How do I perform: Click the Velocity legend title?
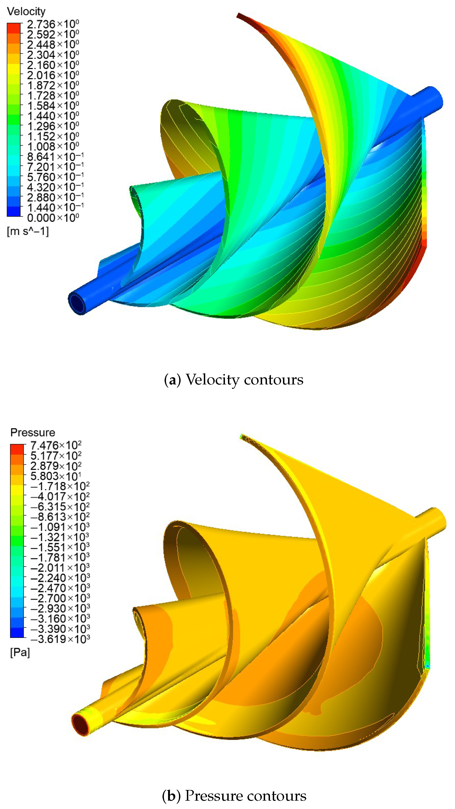pyautogui.click(x=26, y=12)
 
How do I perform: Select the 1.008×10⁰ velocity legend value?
pyautogui.click(x=53, y=147)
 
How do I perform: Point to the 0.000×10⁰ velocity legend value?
pyautogui.click(x=53, y=218)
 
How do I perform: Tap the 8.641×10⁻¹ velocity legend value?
pyautogui.click(x=55, y=157)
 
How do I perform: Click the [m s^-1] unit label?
pyautogui.click(x=28, y=232)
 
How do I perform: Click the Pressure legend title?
pyautogui.click(x=33, y=432)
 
